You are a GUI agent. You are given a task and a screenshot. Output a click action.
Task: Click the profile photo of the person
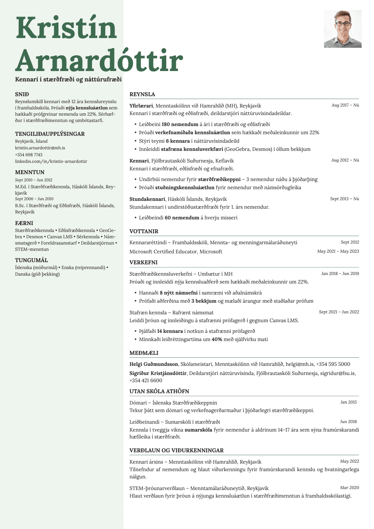[x=343, y=29]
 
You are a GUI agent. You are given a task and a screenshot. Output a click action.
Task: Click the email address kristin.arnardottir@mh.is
[x=40, y=148]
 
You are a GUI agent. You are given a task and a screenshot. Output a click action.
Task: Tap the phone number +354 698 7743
[x=29, y=155]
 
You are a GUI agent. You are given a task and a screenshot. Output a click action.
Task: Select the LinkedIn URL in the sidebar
[x=51, y=161]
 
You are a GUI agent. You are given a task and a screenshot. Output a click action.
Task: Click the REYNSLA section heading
[x=142, y=94]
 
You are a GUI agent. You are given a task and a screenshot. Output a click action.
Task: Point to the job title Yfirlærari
[x=141, y=106]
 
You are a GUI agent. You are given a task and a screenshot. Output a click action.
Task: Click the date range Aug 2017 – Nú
[x=345, y=105]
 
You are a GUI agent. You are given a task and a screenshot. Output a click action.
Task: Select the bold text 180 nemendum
[x=180, y=124]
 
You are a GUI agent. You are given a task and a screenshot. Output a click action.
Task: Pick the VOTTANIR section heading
[x=144, y=231]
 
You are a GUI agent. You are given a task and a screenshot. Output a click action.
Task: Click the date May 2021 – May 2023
[x=338, y=251]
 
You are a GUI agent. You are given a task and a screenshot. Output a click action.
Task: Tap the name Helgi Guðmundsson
[x=154, y=364]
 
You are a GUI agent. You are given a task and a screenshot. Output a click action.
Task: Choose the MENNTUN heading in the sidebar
[x=30, y=172]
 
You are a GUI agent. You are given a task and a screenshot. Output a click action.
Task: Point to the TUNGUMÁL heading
[x=31, y=260]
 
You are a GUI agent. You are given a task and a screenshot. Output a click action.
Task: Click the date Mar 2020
[x=349, y=488]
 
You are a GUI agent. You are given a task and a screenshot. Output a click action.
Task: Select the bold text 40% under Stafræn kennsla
[x=217, y=339]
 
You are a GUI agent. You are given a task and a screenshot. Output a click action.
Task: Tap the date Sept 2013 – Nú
[x=344, y=199]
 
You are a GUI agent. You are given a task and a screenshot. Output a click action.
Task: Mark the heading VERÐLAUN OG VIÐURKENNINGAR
[x=176, y=450]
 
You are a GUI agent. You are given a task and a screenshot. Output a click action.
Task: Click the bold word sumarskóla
[x=198, y=430]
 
